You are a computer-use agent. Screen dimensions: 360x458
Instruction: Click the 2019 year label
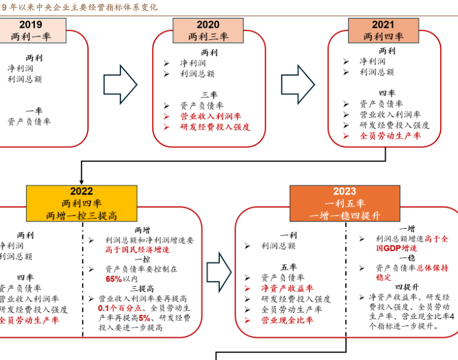(31, 25)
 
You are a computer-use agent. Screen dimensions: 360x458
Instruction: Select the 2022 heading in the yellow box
(82, 191)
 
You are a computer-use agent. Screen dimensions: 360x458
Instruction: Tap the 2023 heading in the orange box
(345, 191)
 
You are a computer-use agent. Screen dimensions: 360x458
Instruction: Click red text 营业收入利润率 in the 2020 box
(211, 116)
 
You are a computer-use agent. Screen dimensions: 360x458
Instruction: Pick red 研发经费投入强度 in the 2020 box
(215, 127)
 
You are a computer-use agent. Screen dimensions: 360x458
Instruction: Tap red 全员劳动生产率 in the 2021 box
(391, 136)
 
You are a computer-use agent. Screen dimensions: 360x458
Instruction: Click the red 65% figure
(114, 279)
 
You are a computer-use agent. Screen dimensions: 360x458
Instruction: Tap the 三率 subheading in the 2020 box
(209, 95)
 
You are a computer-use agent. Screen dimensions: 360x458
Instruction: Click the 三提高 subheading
(142, 288)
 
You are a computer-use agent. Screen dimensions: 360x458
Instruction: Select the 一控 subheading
(142, 259)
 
